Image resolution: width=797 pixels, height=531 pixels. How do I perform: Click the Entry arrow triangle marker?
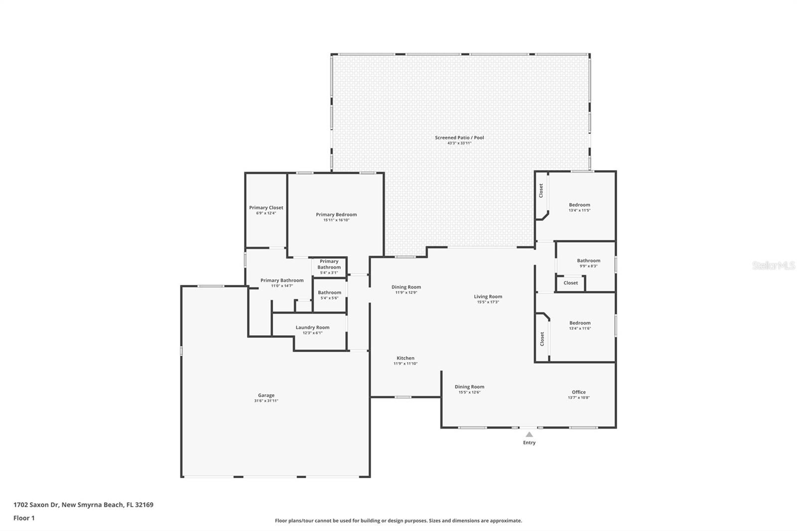click(529, 434)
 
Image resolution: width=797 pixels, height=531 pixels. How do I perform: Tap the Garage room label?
click(266, 396)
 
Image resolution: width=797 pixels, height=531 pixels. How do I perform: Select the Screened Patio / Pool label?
click(459, 138)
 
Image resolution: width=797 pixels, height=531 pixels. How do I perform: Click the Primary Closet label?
click(266, 208)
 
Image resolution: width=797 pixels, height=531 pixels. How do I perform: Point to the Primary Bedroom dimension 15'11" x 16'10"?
click(336, 220)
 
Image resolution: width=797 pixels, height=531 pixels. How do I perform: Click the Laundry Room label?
click(312, 327)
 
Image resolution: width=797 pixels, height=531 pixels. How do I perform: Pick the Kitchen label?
click(405, 358)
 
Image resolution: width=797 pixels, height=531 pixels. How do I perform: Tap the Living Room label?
click(488, 296)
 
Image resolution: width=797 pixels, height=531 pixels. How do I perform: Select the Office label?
click(579, 392)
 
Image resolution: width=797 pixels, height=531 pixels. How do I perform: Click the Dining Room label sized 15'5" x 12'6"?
click(469, 387)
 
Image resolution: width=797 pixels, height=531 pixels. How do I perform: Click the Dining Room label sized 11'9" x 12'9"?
click(406, 287)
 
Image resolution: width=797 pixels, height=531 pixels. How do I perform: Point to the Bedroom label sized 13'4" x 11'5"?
click(579, 205)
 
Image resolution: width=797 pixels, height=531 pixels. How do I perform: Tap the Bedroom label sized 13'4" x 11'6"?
click(580, 323)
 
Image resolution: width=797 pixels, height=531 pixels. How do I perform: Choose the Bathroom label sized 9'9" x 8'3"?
click(589, 261)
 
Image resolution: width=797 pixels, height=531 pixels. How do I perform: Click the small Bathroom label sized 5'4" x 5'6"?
click(329, 292)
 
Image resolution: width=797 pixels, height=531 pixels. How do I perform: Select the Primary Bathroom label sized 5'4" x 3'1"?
click(329, 264)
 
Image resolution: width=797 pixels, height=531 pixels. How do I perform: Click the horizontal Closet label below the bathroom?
click(571, 283)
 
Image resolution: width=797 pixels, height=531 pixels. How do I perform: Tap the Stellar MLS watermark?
click(773, 266)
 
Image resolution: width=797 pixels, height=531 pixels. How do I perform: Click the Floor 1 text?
click(24, 518)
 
